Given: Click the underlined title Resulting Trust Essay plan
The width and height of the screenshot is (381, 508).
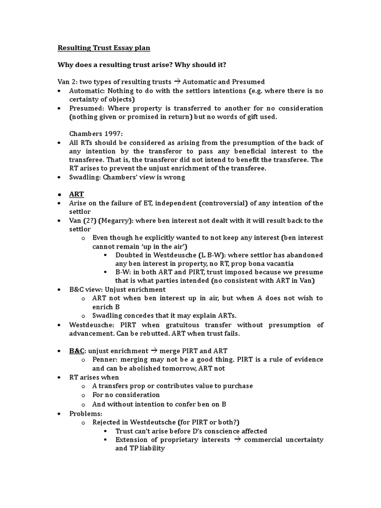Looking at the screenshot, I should pos(104,48).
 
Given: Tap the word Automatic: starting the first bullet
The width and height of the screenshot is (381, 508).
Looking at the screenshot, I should pos(87,91).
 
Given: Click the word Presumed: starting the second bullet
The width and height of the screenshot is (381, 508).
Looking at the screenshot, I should pos(86,108).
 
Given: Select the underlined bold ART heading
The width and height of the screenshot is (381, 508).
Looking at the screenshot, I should pos(76,194).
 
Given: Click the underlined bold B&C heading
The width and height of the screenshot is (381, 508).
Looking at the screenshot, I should pos(77,351).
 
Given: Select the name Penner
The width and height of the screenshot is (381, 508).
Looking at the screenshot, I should pos(106,360).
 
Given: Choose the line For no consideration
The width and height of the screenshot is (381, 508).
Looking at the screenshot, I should pos(126,395).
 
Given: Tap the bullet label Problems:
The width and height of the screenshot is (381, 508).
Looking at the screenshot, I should pos(85,413).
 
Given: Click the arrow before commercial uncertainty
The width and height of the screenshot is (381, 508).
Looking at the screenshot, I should pos(237,440).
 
